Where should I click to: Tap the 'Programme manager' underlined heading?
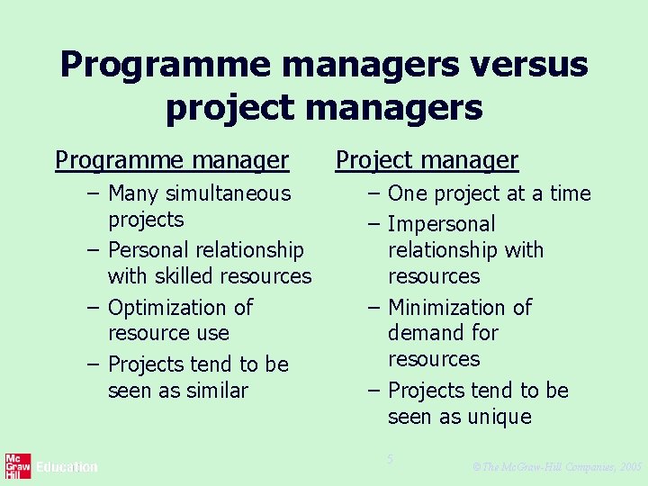[x=172, y=160]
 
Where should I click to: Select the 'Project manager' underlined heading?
[x=427, y=160]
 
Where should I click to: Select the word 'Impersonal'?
[x=441, y=224]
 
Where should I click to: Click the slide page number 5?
[x=390, y=460]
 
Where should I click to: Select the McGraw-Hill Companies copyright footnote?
[x=556, y=467]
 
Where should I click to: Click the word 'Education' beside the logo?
[x=67, y=467]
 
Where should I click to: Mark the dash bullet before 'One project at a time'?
[x=373, y=194]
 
